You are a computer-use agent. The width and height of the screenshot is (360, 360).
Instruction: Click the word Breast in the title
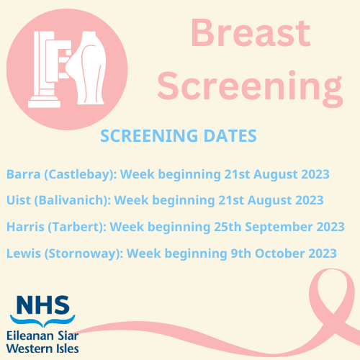pyautogui.click(x=251, y=33)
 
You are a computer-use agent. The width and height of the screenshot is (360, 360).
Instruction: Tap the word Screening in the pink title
pyautogui.click(x=250, y=88)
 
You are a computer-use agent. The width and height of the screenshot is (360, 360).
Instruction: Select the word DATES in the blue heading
pyautogui.click(x=230, y=136)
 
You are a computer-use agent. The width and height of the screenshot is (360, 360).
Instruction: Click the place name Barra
pyautogui.click(x=23, y=174)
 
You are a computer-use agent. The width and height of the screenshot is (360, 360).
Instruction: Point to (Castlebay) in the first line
pyautogui.click(x=81, y=175)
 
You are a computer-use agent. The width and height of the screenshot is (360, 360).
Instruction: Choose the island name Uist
pyautogui.click(x=19, y=200)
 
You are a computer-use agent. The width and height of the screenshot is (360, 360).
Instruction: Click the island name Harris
pyautogui.click(x=25, y=227)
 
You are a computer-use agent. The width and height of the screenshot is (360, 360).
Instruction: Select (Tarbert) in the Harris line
pyautogui.click(x=77, y=228)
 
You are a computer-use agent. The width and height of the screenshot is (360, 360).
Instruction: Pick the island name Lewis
pyautogui.click(x=24, y=253)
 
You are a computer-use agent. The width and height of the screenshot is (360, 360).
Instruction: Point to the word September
pyautogui.click(x=279, y=228)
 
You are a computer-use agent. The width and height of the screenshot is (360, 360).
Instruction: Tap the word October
pyautogui.click(x=279, y=253)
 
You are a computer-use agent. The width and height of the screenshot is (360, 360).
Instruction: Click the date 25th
pyautogui.click(x=228, y=227)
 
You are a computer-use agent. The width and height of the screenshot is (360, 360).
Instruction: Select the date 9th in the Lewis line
pyautogui.click(x=241, y=253)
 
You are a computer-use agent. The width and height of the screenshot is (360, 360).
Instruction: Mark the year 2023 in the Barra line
pyautogui.click(x=315, y=174)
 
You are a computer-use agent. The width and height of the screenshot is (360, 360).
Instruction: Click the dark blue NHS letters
pyautogui.click(x=43, y=305)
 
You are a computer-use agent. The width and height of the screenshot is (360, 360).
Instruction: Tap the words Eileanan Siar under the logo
pyautogui.click(x=42, y=336)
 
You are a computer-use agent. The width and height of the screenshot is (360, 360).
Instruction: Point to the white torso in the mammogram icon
pyautogui.click(x=91, y=68)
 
